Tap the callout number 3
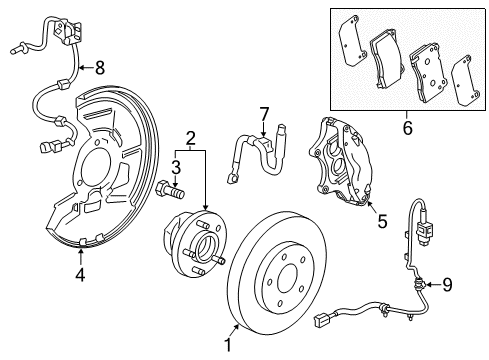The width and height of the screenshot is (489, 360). [174, 167]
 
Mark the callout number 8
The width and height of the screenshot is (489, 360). [99, 68]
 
